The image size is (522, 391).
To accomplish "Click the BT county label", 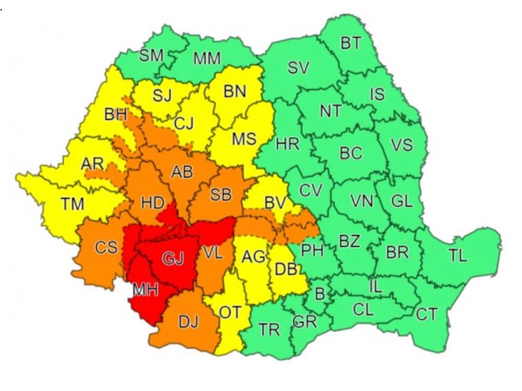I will pos(351,44).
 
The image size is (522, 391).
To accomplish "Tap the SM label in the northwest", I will pos(151,56).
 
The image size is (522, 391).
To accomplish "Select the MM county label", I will pos(207,59).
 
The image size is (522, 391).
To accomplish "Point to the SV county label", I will pos(298,68).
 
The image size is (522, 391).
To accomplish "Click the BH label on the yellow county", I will pos(116,115).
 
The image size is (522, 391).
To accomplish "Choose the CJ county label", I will pos(184,124).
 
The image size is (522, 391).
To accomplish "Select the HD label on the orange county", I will pos(151,202).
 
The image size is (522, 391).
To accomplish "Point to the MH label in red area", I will pos(145,290).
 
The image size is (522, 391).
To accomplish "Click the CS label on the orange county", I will pos(106,248).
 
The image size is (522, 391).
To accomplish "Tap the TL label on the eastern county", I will pos(457,255).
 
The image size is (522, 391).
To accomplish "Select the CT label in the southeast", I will pos(427,314).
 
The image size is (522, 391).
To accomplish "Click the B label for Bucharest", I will pos(319,294).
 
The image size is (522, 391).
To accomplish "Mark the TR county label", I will pos(269,330).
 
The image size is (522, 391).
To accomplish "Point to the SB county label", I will pos(220,195).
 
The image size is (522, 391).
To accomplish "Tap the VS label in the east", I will pos(402,145).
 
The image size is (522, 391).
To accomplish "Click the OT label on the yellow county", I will pos(230,312).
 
